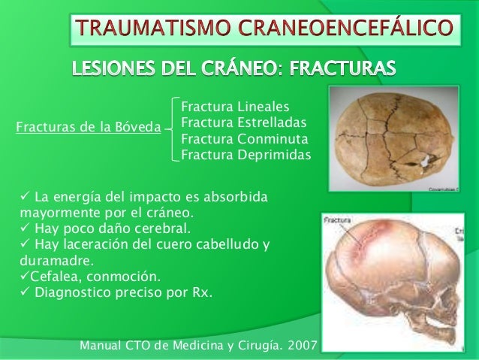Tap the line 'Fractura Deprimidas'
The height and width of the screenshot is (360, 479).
(246, 155)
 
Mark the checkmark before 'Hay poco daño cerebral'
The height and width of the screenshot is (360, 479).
(20, 227)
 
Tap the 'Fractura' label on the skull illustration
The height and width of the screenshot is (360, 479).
(338, 221)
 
